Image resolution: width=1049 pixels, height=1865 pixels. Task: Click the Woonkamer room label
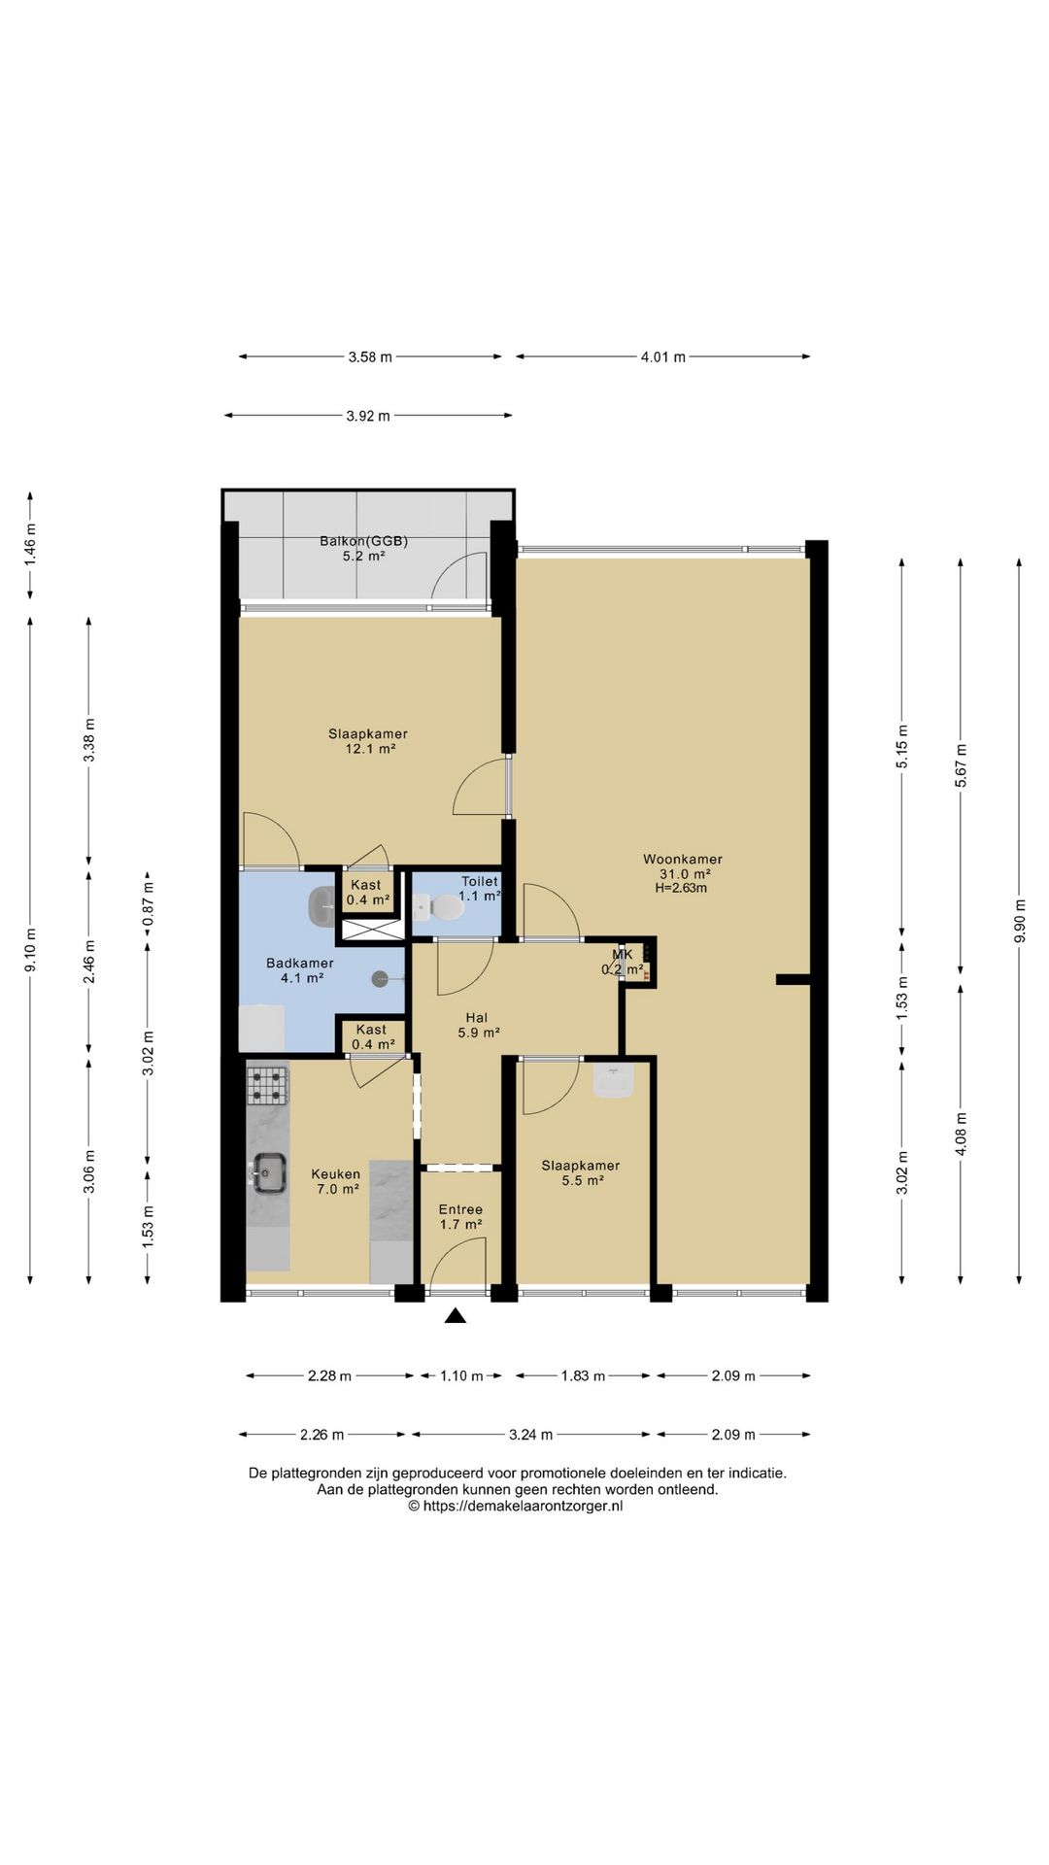click(682, 860)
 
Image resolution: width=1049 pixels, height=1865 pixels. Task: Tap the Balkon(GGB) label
click(363, 541)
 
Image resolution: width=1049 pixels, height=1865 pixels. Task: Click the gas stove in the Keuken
click(267, 1085)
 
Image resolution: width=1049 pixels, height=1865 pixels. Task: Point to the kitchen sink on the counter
click(268, 1172)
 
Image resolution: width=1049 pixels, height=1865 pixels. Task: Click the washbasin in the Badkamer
click(321, 907)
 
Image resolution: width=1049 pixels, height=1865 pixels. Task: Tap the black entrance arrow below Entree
click(456, 1316)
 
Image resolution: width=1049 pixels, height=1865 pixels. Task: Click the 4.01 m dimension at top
click(662, 356)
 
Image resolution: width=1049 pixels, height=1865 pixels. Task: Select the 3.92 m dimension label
click(368, 416)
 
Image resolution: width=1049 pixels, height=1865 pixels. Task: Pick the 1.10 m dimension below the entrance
click(461, 1375)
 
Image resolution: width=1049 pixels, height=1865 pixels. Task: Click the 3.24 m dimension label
click(530, 1434)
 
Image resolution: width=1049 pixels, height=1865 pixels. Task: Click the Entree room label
click(460, 1209)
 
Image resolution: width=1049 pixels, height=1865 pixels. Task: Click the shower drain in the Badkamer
click(379, 980)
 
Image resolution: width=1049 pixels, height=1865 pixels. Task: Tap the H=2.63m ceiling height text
click(681, 888)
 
